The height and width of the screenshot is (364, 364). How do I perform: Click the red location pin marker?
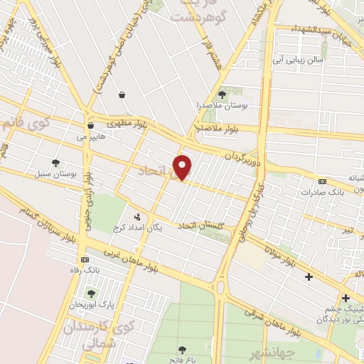183,167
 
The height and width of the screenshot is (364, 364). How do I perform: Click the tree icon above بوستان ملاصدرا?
222,93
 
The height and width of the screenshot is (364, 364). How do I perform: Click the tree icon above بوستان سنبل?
55,163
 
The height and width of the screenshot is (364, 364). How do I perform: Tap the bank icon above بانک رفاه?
85,259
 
